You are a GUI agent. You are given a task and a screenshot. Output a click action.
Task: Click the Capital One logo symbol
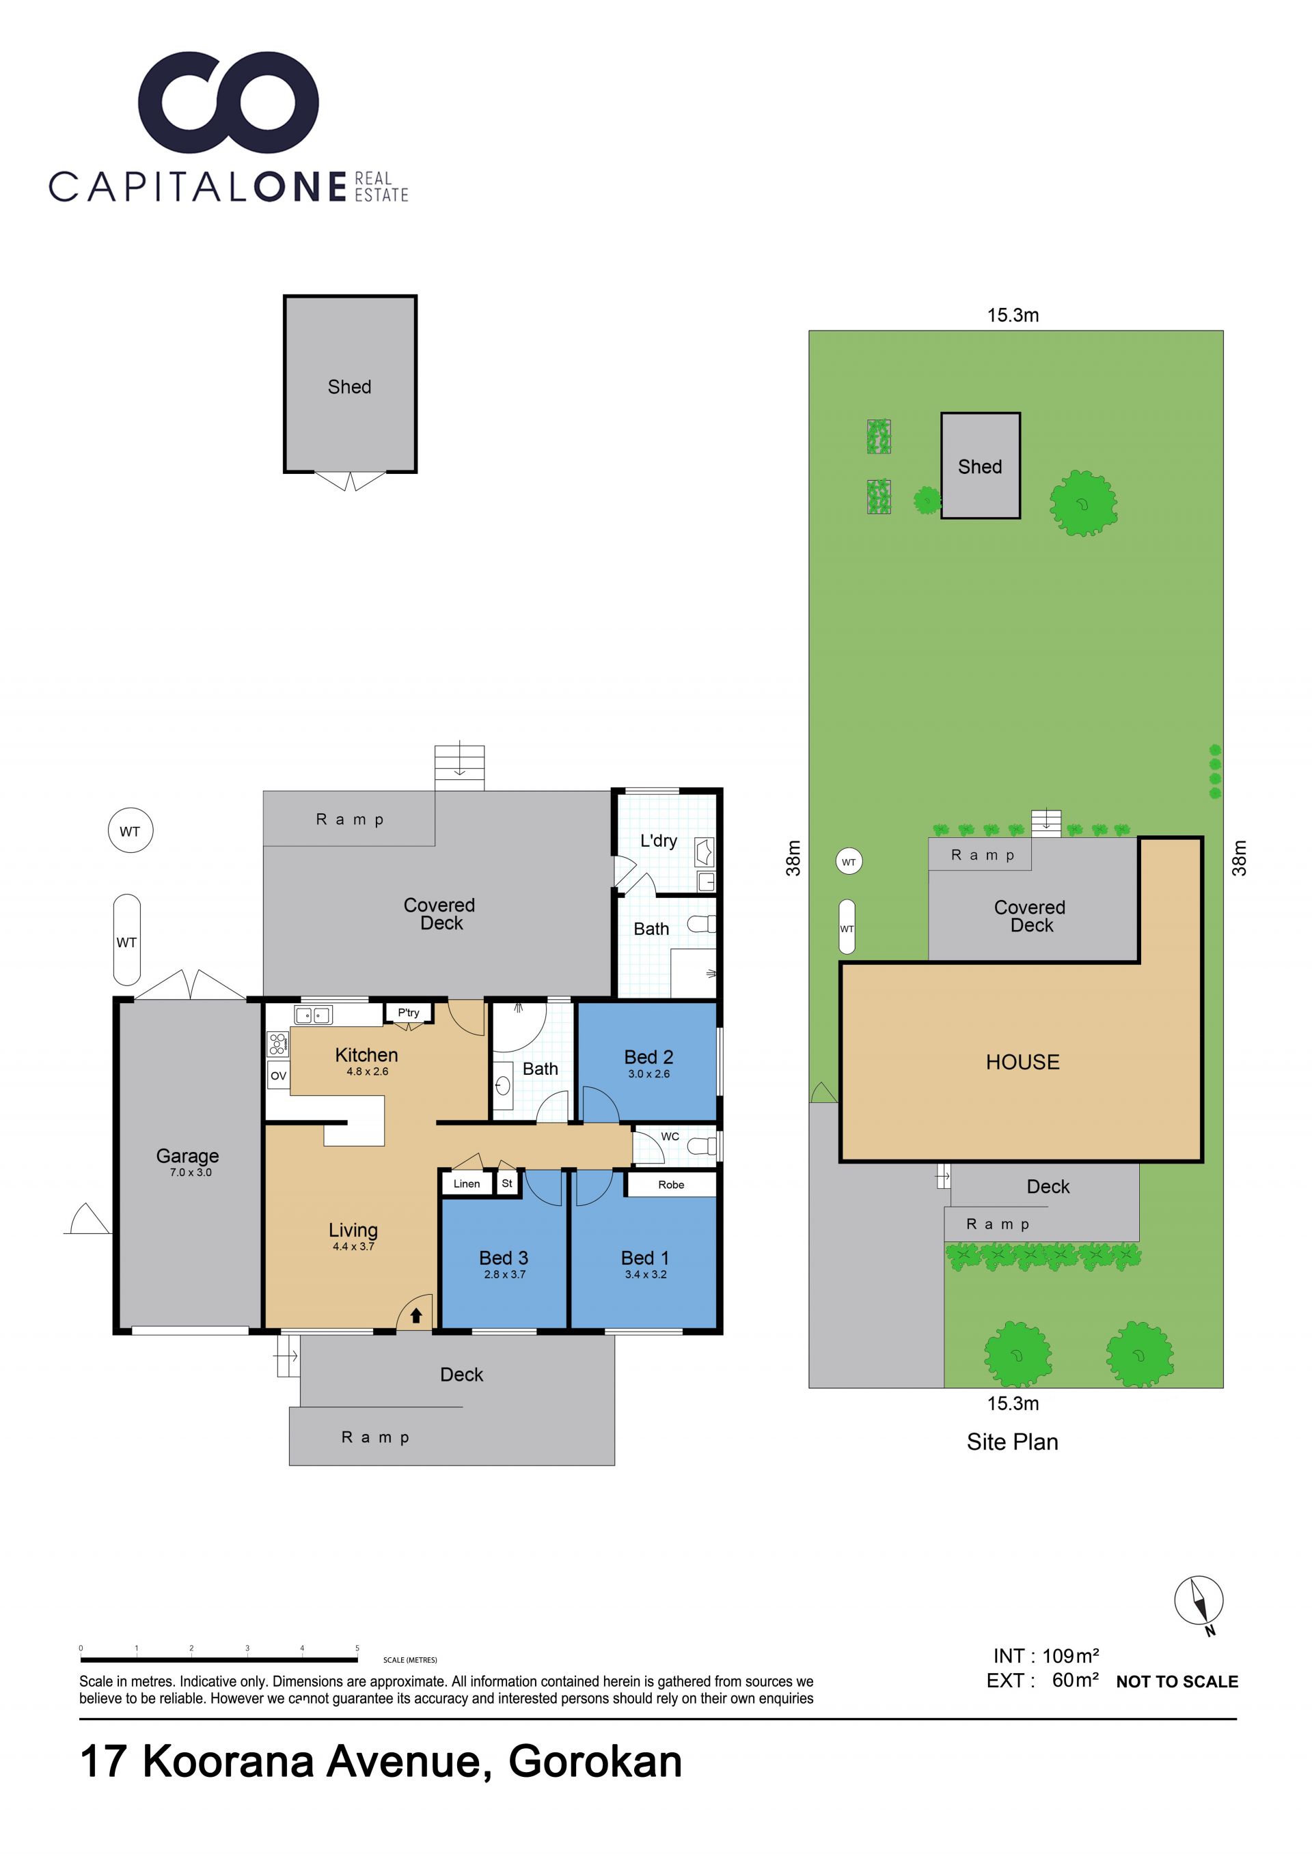click(229, 102)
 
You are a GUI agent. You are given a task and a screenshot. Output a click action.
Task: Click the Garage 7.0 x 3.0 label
click(188, 1162)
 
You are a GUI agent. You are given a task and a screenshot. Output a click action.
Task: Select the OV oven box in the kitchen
click(278, 1076)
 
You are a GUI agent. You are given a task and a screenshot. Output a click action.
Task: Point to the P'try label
click(408, 1013)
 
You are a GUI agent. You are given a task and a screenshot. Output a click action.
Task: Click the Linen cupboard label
click(466, 1184)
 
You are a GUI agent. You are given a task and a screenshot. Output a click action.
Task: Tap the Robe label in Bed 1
click(670, 1185)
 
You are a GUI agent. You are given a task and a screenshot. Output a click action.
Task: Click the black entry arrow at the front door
click(416, 1315)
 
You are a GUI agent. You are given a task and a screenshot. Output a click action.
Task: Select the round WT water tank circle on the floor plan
click(130, 831)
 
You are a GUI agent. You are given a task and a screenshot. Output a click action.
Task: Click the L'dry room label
click(659, 841)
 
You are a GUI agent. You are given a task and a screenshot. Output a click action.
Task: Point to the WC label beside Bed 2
click(670, 1136)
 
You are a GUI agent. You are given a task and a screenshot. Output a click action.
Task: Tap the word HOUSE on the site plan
click(1022, 1062)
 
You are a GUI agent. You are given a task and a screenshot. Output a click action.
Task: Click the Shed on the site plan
click(980, 466)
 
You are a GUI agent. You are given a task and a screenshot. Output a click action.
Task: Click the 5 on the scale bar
click(357, 1648)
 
